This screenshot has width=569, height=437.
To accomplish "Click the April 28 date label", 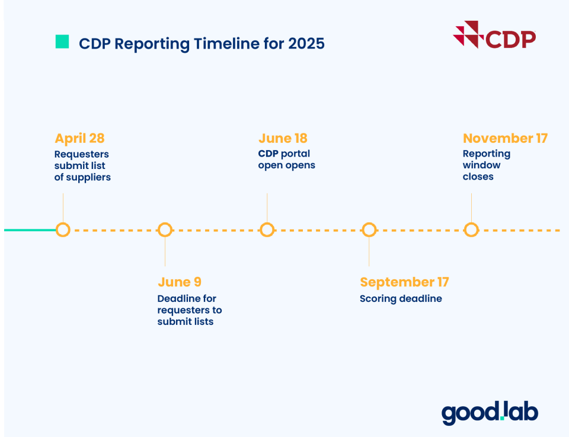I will click(79, 138).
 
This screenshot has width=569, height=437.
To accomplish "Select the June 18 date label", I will click(283, 138).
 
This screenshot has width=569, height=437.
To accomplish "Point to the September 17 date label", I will click(404, 282).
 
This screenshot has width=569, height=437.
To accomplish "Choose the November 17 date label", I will click(505, 138).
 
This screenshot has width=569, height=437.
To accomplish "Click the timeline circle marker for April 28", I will click(63, 229).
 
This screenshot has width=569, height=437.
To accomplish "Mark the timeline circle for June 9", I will click(165, 229).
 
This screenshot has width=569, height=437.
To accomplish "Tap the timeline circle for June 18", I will click(267, 229).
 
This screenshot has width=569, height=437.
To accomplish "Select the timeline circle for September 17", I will click(369, 229).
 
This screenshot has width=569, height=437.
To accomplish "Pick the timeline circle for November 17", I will click(471, 229).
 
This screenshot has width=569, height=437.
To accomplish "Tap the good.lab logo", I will click(490, 413).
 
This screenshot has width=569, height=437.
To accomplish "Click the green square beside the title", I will click(62, 42).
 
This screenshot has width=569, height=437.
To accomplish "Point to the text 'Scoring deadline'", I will click(401, 299).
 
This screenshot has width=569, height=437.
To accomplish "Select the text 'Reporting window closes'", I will click(486, 165).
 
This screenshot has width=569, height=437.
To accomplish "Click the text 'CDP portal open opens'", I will click(286, 160).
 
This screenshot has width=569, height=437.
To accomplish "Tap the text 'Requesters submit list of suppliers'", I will click(82, 165).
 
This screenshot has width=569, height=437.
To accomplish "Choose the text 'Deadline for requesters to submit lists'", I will click(189, 310).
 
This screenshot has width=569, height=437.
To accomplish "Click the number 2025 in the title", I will click(306, 43).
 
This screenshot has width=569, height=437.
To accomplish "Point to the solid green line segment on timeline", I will click(30, 229).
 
